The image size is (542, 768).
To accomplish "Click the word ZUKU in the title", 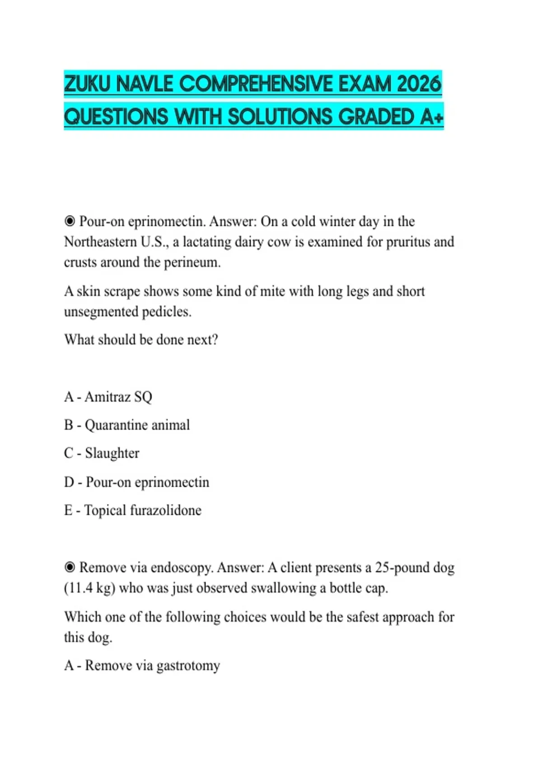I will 87,84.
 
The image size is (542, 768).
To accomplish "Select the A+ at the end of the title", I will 432,117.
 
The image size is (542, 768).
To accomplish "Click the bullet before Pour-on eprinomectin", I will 70,221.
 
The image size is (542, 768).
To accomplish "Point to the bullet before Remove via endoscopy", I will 70,567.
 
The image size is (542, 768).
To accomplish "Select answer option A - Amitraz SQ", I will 108,397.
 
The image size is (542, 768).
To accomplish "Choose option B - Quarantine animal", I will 127,425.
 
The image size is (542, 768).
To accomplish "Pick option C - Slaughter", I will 102,453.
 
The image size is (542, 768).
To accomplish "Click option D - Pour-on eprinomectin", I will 136,482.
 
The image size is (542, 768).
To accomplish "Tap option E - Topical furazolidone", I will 133,510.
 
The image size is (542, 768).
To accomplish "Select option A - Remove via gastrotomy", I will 142,665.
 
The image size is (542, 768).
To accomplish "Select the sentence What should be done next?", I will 141,340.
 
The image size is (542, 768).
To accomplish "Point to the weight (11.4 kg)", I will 89,588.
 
